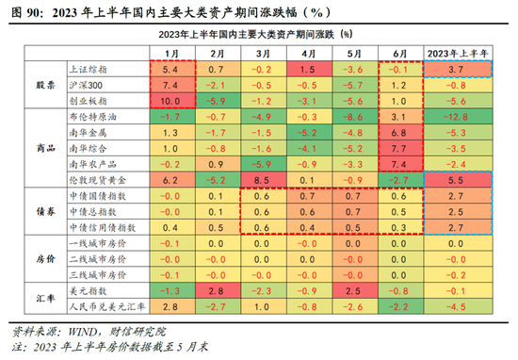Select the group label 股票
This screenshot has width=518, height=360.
pos(33,85)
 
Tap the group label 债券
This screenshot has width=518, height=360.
pos(33,211)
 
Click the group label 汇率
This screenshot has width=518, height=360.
pos(33,299)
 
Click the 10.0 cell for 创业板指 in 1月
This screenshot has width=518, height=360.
pos(170,100)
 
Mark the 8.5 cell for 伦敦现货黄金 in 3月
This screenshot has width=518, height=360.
pos(261,178)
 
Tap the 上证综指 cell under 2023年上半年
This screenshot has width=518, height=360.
pos(456,70)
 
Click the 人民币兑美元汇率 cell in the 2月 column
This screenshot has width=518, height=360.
pos(216,306)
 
